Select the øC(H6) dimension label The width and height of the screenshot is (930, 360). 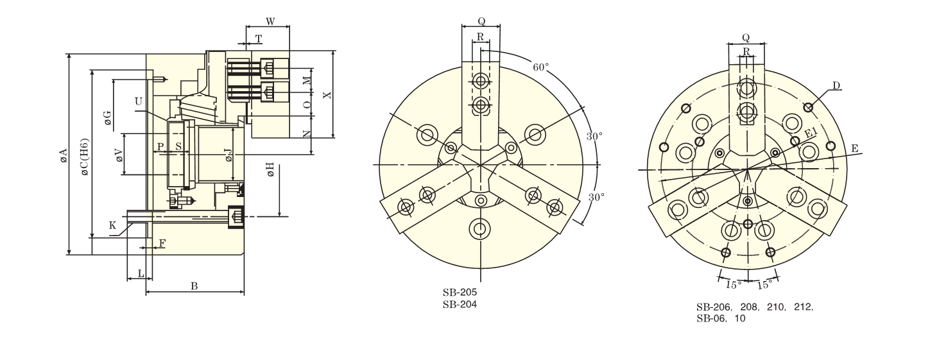[x=84, y=157]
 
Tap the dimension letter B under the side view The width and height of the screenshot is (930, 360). [x=194, y=286]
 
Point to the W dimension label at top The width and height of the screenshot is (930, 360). [x=270, y=22]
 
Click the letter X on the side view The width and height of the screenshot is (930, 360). [x=327, y=95]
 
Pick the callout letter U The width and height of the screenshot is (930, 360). [x=139, y=101]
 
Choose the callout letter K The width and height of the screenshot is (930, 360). [x=112, y=225]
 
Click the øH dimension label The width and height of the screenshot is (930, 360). [x=270, y=170]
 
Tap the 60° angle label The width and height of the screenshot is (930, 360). [x=540, y=67]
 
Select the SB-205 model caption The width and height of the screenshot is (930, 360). [x=460, y=293]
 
